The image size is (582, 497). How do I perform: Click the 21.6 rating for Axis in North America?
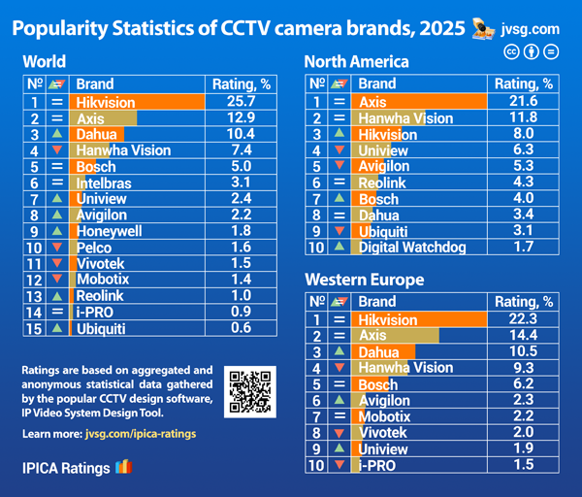pyautogui.click(x=522, y=101)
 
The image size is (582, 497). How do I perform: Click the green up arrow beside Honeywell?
pyautogui.click(x=57, y=232)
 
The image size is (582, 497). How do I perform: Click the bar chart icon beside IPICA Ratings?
pyautogui.click(x=122, y=467)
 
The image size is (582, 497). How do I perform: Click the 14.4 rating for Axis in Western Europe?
pyautogui.click(x=522, y=336)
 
